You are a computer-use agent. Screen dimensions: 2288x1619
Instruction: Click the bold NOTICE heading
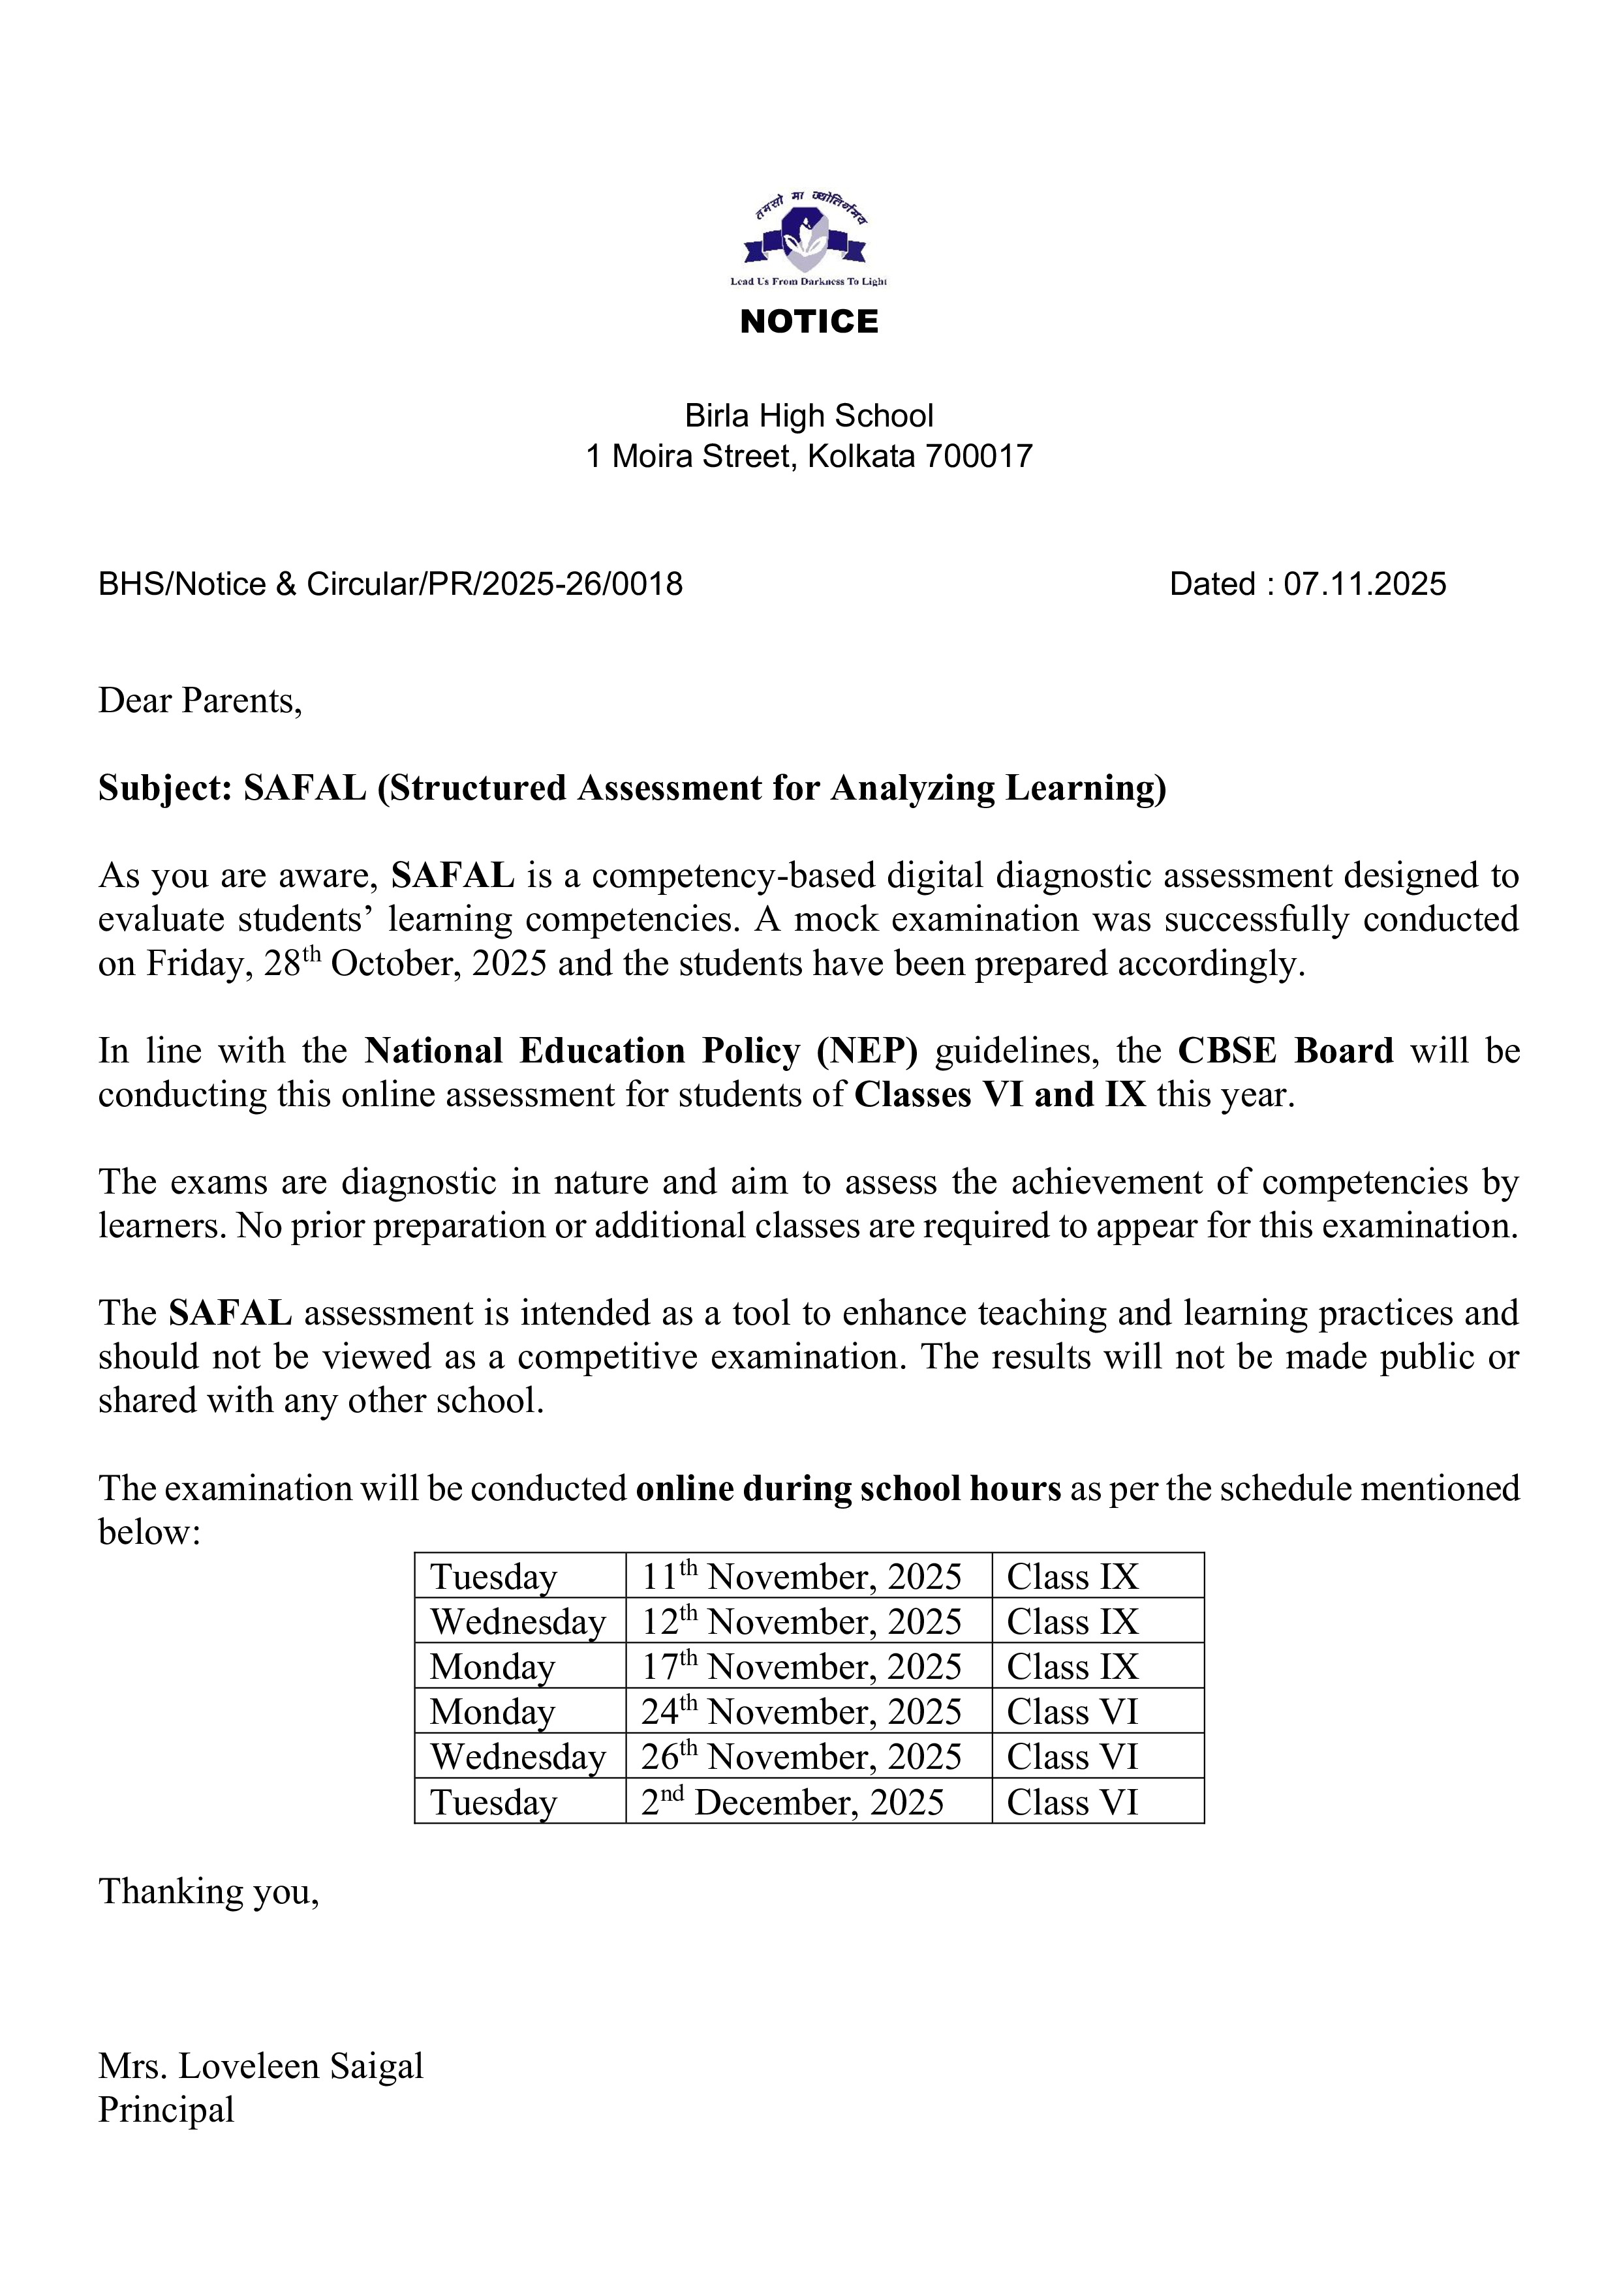pyautogui.click(x=809, y=322)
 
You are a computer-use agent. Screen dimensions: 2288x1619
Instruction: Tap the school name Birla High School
pyautogui.click(x=809, y=415)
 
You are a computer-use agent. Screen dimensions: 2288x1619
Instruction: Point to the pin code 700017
pyautogui.click(x=978, y=457)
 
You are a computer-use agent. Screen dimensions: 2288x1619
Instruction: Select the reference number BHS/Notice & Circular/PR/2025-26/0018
pyautogui.click(x=390, y=584)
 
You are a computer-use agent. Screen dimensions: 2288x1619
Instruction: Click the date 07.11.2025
pyautogui.click(x=1364, y=584)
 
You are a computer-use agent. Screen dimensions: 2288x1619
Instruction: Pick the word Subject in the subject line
pyautogui.click(x=164, y=789)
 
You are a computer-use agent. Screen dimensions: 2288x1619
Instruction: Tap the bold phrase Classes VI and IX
pyautogui.click(x=1000, y=1094)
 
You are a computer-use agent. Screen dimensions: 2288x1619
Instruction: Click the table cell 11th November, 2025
pyautogui.click(x=801, y=1576)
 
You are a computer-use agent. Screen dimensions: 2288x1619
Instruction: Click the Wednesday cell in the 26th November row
pyautogui.click(x=517, y=1757)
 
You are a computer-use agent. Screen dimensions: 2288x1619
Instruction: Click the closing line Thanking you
pyautogui.click(x=208, y=1891)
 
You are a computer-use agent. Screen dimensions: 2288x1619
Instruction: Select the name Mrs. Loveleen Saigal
pyautogui.click(x=260, y=2067)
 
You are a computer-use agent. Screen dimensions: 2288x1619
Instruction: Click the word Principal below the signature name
pyautogui.click(x=166, y=2110)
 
